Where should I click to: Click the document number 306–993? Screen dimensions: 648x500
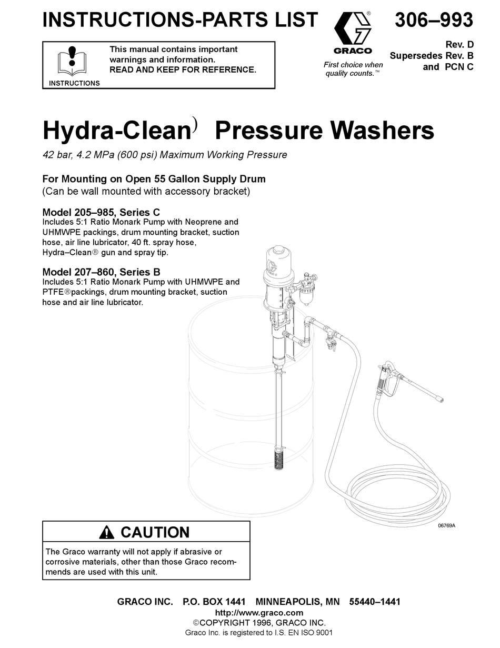pos(434,20)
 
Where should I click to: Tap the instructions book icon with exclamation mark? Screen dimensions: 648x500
pos(73,62)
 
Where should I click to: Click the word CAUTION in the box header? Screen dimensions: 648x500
pos(155,532)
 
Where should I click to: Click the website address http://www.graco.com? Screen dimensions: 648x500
pos(259,612)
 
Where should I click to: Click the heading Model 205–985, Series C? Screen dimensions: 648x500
pos(101,213)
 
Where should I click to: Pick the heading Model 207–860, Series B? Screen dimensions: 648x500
pos(101,272)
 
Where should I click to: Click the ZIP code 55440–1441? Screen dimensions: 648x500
pos(375,602)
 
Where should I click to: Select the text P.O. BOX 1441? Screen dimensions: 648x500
pos(214,602)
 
